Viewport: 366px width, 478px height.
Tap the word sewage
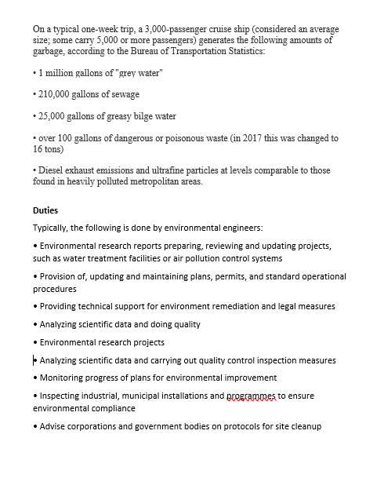[125, 94]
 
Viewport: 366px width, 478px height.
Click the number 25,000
[54, 116]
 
